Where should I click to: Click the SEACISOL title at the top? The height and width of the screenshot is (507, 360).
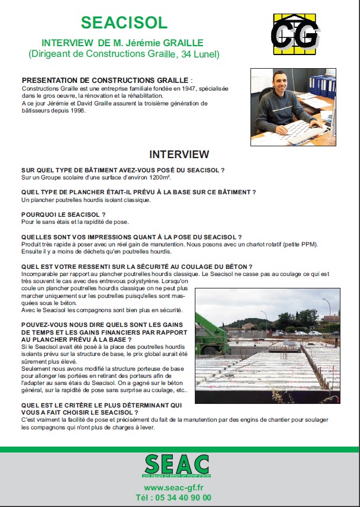point(124,23)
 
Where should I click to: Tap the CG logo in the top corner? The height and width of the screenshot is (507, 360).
point(294,34)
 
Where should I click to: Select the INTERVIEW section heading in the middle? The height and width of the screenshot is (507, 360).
point(179,155)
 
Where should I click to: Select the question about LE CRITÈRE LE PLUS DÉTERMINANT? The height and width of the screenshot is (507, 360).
point(101,409)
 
